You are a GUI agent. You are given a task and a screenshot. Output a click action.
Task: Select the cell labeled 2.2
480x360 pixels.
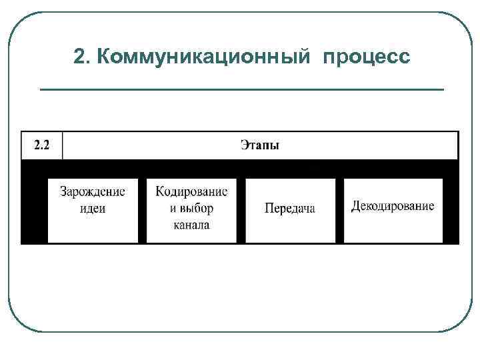41,145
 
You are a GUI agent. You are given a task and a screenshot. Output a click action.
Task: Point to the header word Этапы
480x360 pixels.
260,145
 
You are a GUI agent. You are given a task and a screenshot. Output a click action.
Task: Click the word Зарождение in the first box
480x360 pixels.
93,192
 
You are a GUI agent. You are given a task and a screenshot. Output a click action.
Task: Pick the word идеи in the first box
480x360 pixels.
93,208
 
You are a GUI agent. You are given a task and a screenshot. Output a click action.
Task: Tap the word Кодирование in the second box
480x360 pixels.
191,192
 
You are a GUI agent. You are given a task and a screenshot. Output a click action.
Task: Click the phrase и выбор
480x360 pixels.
191,208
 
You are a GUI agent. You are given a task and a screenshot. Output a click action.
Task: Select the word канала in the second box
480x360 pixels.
191,225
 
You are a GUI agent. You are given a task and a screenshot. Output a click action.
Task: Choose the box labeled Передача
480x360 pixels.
290,209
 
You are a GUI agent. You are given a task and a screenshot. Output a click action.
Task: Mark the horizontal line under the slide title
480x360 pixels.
241,89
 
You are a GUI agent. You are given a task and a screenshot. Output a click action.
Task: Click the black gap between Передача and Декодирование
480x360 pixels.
339,210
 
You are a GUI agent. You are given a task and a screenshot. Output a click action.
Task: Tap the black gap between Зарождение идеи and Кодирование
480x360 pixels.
142,210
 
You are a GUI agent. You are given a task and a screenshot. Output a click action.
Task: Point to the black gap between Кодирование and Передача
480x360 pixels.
241,210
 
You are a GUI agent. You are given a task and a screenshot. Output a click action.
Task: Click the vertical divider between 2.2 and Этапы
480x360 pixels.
62,145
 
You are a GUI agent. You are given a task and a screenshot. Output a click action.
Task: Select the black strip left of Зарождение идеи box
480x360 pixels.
35,210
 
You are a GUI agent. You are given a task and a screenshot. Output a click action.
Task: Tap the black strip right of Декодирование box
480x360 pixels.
451,210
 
